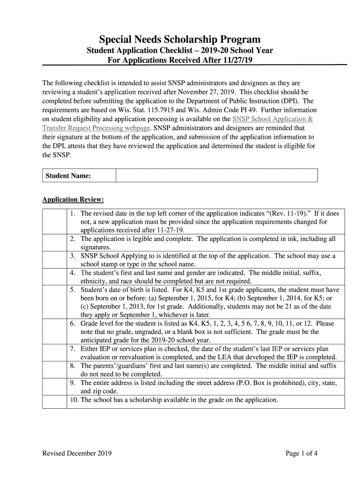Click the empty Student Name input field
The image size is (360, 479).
pyautogui.click(x=216, y=175)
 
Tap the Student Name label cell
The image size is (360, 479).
pyautogui.click(x=79, y=175)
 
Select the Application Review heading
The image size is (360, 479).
pyautogui.click(x=73, y=200)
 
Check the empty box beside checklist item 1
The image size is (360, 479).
pyautogui.click(x=54, y=221)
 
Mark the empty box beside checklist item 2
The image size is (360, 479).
pyautogui.click(x=54, y=243)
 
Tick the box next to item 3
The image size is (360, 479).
pyautogui.click(x=54, y=260)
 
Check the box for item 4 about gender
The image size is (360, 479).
pyautogui.click(x=54, y=276)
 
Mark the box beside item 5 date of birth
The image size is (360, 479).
pyautogui.click(x=54, y=302)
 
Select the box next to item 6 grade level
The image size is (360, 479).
pyautogui.click(x=54, y=332)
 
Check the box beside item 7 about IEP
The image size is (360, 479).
pyautogui.click(x=54, y=353)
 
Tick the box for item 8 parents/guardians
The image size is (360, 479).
pyautogui.click(x=54, y=370)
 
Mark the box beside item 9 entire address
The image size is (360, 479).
pyautogui.click(x=54, y=386)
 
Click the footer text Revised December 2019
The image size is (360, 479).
pyautogui.click(x=77, y=453)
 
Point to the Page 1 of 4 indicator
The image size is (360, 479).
pyautogui.click(x=302, y=453)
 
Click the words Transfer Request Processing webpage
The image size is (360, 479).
pyautogui.click(x=96, y=128)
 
